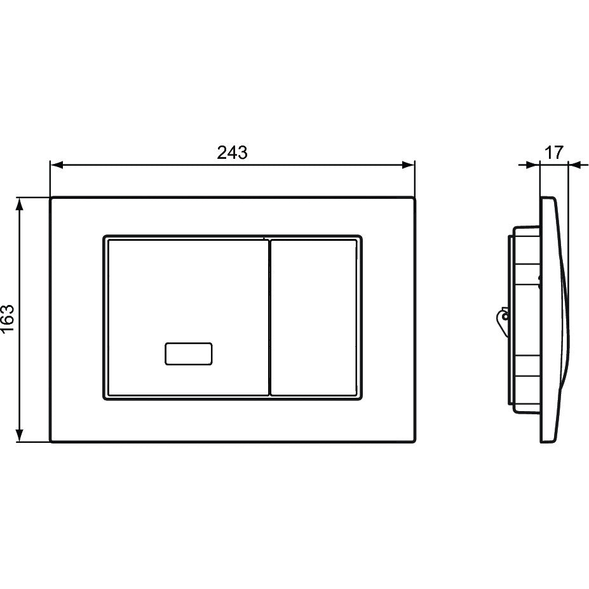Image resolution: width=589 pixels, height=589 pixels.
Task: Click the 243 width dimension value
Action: pos(232,152)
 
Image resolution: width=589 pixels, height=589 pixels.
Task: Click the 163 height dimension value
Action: pos(8,318)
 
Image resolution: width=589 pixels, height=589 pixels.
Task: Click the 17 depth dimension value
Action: pos(554,152)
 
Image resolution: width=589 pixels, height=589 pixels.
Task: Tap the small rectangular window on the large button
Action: pos(189,353)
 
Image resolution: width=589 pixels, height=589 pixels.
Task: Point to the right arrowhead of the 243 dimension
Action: pos(408,165)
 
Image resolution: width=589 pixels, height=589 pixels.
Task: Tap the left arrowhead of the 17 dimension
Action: pos(533,165)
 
